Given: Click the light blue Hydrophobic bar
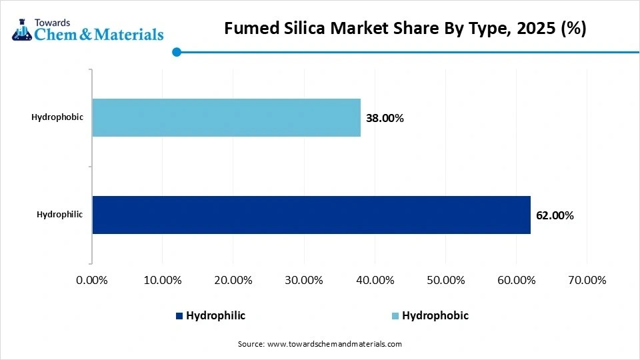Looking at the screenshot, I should (x=226, y=117).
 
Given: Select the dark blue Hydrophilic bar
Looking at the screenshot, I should (x=311, y=215).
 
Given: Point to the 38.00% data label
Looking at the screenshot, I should (x=385, y=118).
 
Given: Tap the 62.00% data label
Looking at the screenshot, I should (x=555, y=215).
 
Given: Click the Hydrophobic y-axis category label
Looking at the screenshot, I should (x=57, y=117).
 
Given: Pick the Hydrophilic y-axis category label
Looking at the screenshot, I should (x=60, y=215).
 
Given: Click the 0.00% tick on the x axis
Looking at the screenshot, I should (x=92, y=281).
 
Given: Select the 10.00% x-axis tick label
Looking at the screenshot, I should (x=163, y=281).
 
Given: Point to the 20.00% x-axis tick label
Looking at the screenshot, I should (x=233, y=281).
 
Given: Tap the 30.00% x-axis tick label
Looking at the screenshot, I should (x=304, y=281).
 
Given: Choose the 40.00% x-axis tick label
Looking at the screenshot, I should (x=375, y=281).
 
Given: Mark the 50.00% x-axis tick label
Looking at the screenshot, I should (x=445, y=281).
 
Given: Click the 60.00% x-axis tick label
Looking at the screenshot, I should (x=516, y=281).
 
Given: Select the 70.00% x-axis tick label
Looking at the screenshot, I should (x=587, y=281).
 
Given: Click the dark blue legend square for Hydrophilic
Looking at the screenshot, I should (x=179, y=316).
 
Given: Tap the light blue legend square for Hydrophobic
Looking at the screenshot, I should (x=395, y=316).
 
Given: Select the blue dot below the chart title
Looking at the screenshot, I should (x=177, y=51).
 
